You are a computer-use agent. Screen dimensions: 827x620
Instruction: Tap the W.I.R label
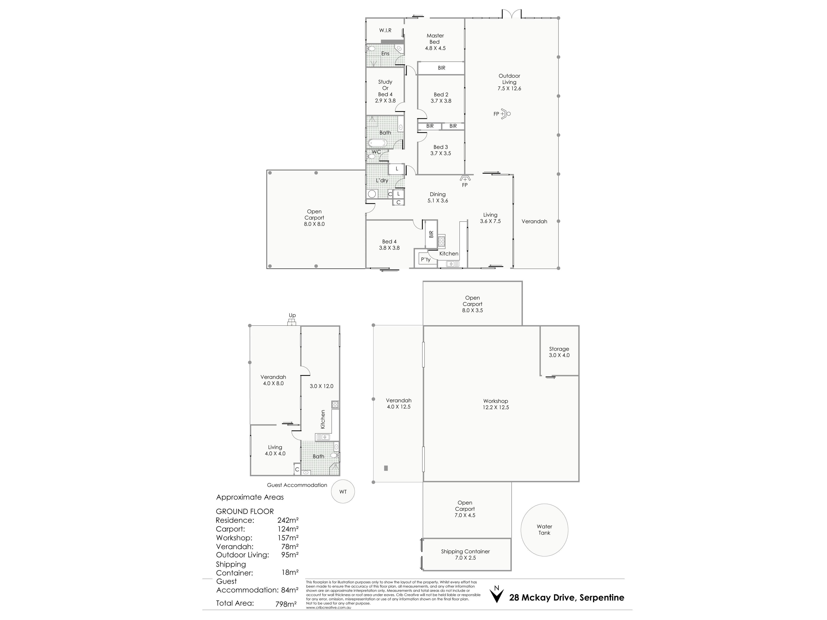385,30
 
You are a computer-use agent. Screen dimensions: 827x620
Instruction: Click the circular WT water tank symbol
343,491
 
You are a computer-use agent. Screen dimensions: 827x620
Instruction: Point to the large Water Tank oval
544,530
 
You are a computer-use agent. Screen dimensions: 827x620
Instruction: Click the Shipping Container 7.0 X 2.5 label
465,555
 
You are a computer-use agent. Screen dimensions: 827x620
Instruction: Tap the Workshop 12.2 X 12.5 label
496,404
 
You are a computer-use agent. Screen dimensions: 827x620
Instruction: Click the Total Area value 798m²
286,604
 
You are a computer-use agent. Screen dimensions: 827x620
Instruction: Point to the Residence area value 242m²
288,520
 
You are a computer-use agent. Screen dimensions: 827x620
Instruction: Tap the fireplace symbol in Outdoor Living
505,114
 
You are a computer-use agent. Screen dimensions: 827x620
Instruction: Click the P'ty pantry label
426,259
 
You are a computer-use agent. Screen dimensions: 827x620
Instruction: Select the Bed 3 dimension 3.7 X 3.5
441,153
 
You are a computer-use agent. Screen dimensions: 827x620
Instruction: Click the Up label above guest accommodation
292,315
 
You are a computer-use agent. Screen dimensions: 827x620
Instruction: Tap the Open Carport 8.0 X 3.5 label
473,304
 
